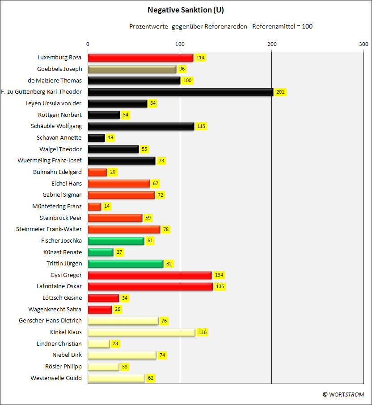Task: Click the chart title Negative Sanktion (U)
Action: pyautogui.click(x=186, y=10)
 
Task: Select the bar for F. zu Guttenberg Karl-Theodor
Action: pyautogui.click(x=181, y=92)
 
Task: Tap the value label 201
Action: pyautogui.click(x=280, y=92)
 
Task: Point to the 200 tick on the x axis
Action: pyautogui.click(x=272, y=44)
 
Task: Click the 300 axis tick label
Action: pyautogui.click(x=364, y=44)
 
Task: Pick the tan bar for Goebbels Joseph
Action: pyautogui.click(x=132, y=69)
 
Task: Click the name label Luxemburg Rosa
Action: pyautogui.click(x=59, y=58)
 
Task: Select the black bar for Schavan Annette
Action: pyautogui.click(x=96, y=138)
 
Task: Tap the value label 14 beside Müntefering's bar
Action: pyautogui.click(x=107, y=207)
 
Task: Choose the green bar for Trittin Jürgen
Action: pyautogui.click(x=126, y=264)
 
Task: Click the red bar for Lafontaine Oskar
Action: pyautogui.click(x=150, y=286)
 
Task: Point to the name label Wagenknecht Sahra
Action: pyautogui.click(x=55, y=309)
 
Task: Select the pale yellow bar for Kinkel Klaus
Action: pyautogui.click(x=141, y=332)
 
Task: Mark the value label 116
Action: pyautogui.click(x=203, y=332)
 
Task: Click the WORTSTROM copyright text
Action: pyautogui.click(x=343, y=394)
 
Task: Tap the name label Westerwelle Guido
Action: pyautogui.click(x=56, y=378)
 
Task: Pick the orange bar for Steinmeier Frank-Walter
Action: pyautogui.click(x=124, y=229)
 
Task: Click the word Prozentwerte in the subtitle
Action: pyautogui.click(x=148, y=26)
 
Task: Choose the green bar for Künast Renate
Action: pyautogui.click(x=101, y=252)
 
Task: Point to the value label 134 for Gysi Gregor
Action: pyautogui.click(x=219, y=275)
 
